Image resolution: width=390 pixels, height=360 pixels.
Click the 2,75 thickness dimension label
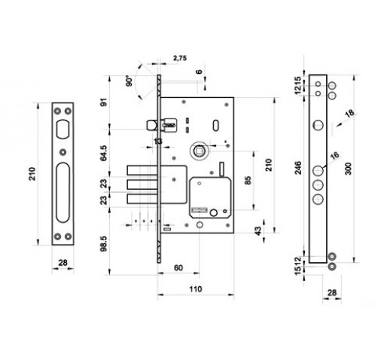click(180, 58)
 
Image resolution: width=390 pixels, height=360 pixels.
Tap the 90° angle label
click(129, 81)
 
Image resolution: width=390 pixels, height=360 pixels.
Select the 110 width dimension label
click(196, 289)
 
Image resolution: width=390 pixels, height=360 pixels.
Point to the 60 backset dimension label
click(178, 268)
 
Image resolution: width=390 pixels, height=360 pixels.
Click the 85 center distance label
click(248, 180)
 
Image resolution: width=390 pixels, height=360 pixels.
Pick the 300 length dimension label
click(349, 169)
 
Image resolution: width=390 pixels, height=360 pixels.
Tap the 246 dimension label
click(298, 168)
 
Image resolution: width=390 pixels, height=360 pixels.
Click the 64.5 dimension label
click(103, 153)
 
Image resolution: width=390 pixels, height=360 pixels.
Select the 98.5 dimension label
click(103, 243)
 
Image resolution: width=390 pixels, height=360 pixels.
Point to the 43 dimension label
click(257, 230)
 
